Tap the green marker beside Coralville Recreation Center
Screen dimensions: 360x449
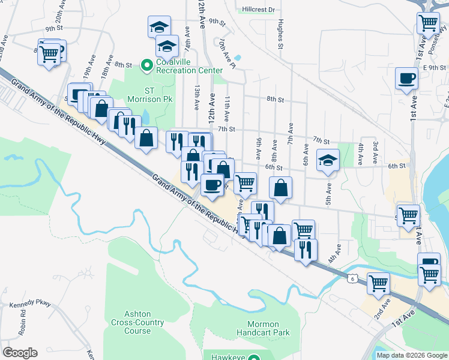pos(145,63)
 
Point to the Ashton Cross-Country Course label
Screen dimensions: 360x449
pos(137,322)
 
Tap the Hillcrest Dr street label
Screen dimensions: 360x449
pos(259,10)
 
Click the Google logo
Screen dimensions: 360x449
pos(20,353)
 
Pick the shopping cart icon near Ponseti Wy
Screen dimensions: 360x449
pos(428,23)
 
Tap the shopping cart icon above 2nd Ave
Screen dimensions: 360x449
pos(378,282)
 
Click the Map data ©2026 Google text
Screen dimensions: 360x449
pos(411,355)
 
